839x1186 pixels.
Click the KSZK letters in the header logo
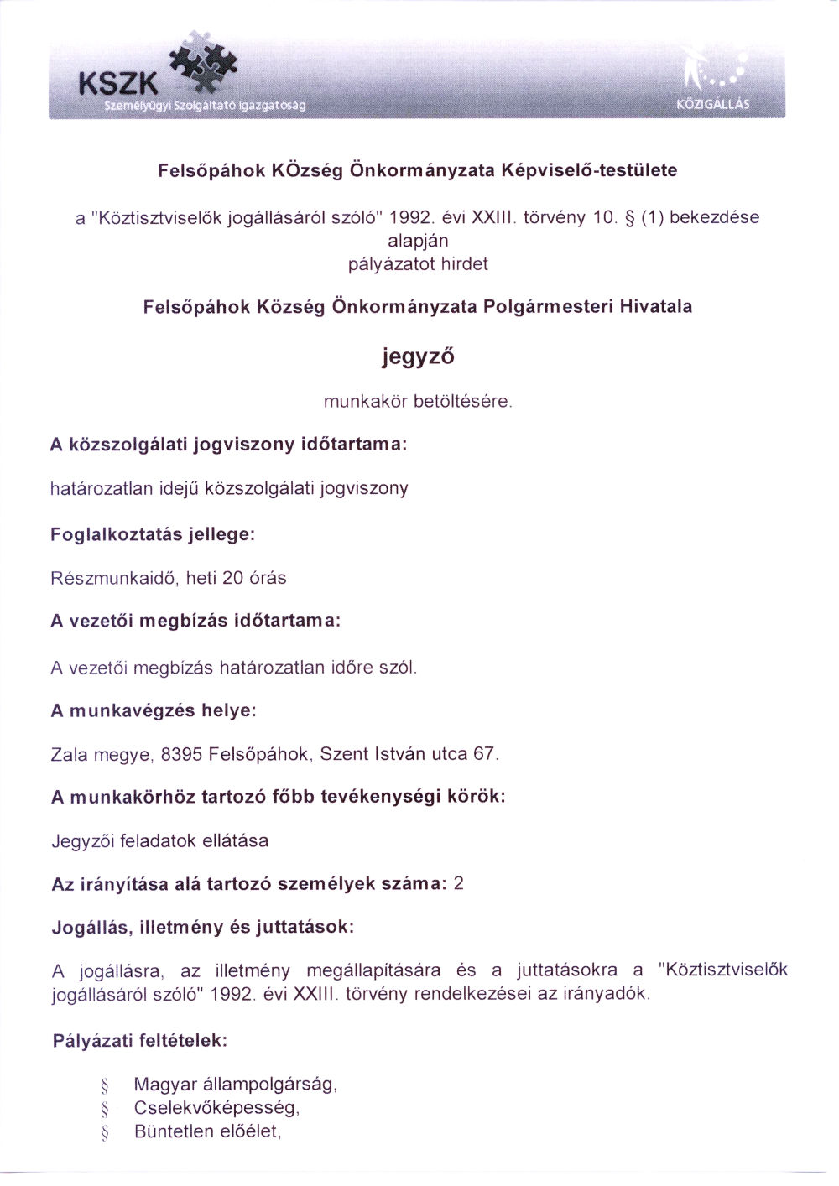117,83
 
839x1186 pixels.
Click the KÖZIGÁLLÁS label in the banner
712,106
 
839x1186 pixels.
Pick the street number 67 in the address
484,754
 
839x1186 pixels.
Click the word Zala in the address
69,754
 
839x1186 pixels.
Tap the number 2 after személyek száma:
458,884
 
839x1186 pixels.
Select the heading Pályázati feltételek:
140,1042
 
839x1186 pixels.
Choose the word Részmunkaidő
110,578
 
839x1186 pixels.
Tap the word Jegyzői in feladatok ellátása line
83,840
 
